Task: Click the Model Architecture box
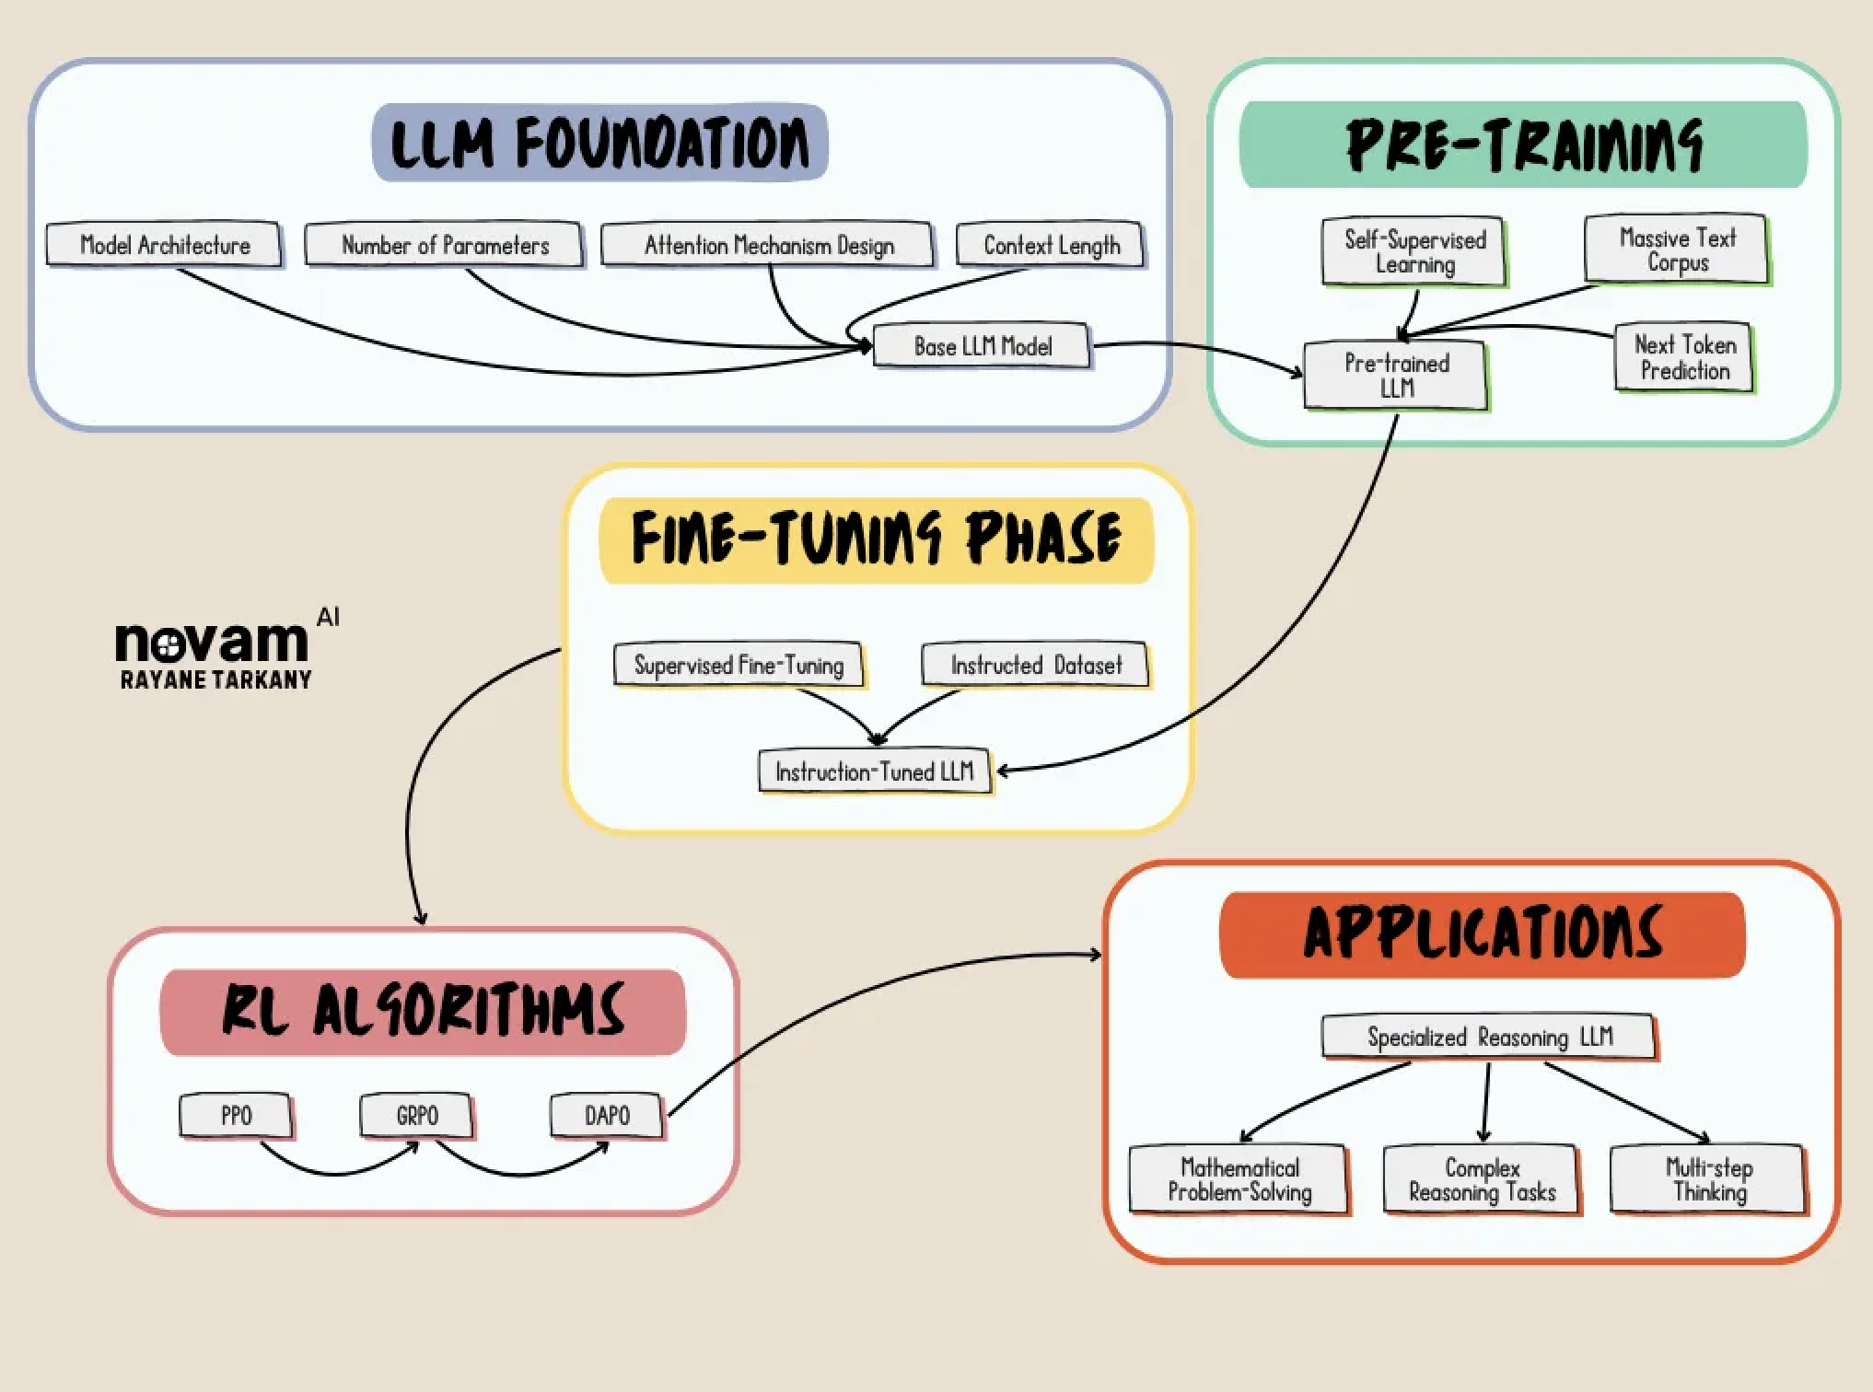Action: [x=164, y=245]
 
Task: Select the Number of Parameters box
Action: [x=444, y=245]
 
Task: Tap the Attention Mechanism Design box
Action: [x=767, y=245]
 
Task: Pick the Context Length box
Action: [x=1051, y=245]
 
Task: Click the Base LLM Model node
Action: [x=982, y=346]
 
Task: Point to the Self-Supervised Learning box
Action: [x=1414, y=251]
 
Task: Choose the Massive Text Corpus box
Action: [x=1677, y=249]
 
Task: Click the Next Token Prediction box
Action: [x=1684, y=357]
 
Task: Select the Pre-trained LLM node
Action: [x=1396, y=375]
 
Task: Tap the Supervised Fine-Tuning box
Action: [x=739, y=665]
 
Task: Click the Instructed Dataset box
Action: [x=1036, y=665]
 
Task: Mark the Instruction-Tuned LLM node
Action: [x=875, y=771]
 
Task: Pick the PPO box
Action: [x=236, y=1116]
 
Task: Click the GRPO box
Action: [x=416, y=1116]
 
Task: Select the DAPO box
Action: [x=607, y=1116]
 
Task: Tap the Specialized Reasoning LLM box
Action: [x=1489, y=1038]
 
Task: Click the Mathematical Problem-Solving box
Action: [x=1239, y=1179]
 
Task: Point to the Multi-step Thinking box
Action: [x=1708, y=1179]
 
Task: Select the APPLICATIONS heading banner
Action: [x=1483, y=934]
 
